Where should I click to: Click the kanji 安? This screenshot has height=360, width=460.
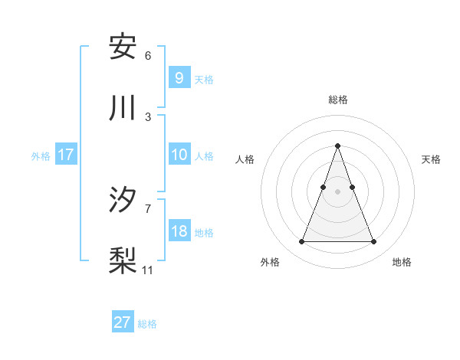point(123,47)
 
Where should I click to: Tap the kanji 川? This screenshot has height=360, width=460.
point(123,108)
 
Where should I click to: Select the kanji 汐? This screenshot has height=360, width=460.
point(123,200)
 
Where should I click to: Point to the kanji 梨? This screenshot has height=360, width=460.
point(123,261)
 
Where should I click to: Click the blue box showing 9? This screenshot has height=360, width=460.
point(179,77)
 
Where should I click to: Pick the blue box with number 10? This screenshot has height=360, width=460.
point(179,155)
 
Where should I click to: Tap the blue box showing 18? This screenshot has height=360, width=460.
point(179,231)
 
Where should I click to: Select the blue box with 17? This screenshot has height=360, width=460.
point(66,155)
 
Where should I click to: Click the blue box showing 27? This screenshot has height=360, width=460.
point(123,322)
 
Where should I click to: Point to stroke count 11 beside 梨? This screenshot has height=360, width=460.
point(148,270)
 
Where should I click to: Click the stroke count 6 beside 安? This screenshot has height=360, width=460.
point(148,56)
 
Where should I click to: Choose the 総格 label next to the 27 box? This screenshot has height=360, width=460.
point(147,324)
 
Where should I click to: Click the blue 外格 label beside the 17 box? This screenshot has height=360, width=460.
point(41,155)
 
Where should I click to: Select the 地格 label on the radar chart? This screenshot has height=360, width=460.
point(402,263)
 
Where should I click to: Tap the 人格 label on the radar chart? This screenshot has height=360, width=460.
point(245,159)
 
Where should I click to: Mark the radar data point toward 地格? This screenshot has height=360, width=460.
point(373,242)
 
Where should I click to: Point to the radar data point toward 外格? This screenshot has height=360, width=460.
point(301,242)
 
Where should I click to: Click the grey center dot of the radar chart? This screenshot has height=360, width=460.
point(337,191)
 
